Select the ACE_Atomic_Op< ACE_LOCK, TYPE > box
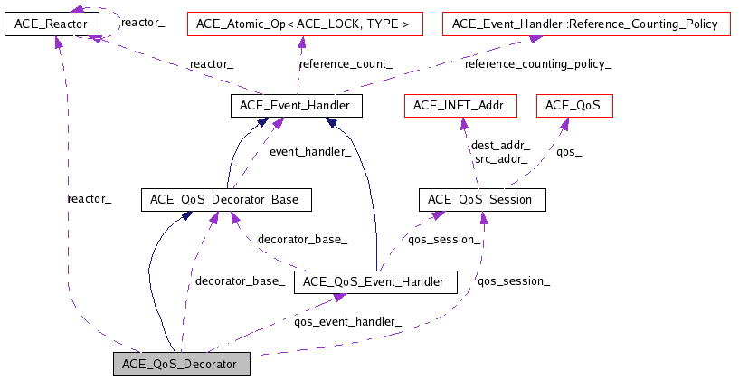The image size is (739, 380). pos(305,24)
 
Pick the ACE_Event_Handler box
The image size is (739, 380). pos(296,106)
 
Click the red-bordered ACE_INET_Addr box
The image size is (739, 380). pos(460,106)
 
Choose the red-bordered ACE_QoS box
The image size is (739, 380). pos(574,106)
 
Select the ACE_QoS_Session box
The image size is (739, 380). pos(482,199)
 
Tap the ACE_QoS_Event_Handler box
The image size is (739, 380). pos(375,282)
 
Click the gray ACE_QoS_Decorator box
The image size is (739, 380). pos(181,365)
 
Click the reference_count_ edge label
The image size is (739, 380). pos(332,64)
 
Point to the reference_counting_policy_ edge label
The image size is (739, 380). pos(537,64)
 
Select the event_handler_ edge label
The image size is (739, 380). pos(310,152)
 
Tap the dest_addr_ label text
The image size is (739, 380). pos(500,145)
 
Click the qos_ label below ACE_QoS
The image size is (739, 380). pos(568,152)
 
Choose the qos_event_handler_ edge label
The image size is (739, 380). pos(348,320)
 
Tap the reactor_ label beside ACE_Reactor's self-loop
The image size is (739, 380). pos(143,21)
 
